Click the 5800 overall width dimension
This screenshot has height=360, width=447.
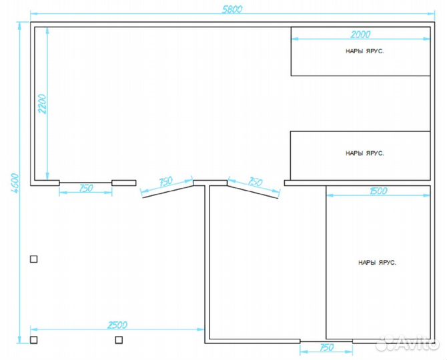pos(232,9)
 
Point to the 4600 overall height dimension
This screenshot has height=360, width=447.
pos(15,183)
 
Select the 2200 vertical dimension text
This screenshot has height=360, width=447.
pos(43,104)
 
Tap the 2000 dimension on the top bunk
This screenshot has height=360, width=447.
pos(360,35)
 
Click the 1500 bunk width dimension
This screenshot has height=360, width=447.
pos(378,191)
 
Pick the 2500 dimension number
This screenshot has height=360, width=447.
pos(117,325)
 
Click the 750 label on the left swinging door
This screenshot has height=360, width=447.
pos(166,181)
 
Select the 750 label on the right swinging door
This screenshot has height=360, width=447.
pos(255,181)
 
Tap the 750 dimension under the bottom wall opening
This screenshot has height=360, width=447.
pos(326,347)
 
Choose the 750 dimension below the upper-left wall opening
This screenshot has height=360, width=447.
pos(86,188)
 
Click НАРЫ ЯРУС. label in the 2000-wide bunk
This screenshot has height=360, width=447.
pos(365,51)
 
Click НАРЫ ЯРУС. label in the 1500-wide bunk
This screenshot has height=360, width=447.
pos(377,263)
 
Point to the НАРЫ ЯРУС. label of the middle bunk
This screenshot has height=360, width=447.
pos(365,153)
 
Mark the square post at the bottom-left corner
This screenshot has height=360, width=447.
pos(33,340)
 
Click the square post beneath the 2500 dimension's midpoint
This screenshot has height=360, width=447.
pos(119,340)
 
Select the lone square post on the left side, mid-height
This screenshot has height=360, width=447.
pos(33,259)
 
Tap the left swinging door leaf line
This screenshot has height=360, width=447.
pos(167,191)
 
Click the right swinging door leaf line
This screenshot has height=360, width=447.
pos(253,191)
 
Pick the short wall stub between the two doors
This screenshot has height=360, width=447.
pos(210,183)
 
